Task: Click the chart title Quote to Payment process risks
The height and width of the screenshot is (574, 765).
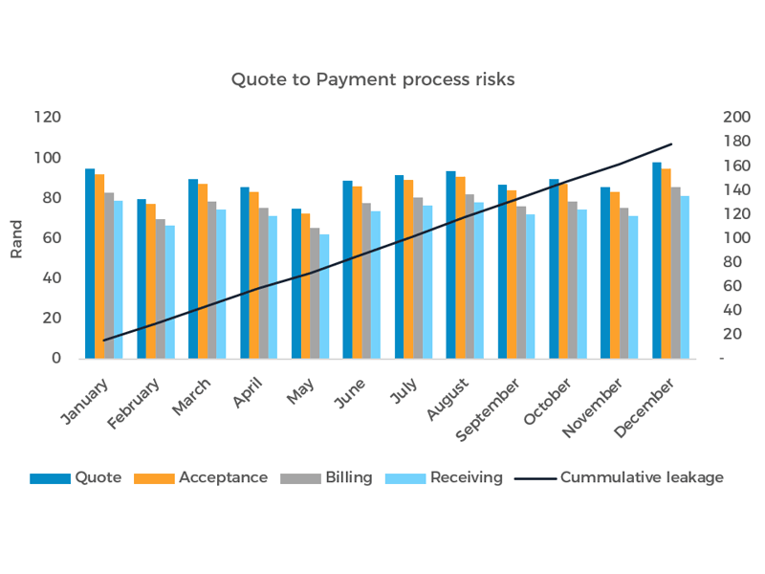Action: click(373, 79)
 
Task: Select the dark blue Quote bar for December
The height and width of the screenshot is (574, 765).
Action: click(657, 260)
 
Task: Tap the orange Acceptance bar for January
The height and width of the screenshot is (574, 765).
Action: click(99, 266)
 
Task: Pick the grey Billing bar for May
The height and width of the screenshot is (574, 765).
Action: click(316, 293)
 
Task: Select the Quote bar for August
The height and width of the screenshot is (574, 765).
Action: click(450, 265)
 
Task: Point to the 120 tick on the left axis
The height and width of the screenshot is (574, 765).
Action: click(47, 118)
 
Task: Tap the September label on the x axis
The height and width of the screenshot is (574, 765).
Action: click(490, 409)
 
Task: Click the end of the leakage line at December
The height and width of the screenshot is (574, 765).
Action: click(672, 144)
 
